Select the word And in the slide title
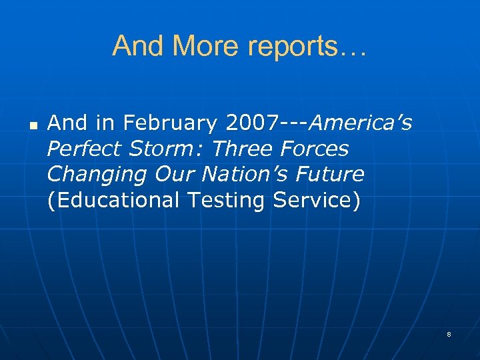[x=138, y=46]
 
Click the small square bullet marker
[x=33, y=125]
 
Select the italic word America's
[x=361, y=123]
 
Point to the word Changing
[x=97, y=175]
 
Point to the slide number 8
[x=449, y=334]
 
